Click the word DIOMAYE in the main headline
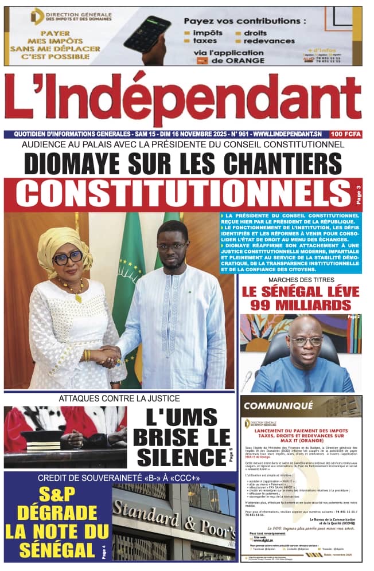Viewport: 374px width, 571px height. point(82,165)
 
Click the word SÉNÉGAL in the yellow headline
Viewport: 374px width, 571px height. point(57,550)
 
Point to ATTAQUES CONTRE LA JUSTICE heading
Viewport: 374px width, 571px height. point(119,398)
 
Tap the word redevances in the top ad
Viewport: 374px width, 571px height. point(269,41)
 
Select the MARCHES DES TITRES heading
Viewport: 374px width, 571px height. point(299,279)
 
